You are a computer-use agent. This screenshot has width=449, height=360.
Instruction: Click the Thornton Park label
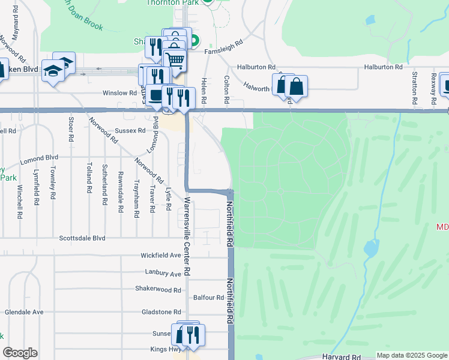tap(173, 2)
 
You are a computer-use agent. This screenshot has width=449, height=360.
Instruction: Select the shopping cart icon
tap(175, 60)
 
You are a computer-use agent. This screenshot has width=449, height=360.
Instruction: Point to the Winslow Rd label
tap(119, 93)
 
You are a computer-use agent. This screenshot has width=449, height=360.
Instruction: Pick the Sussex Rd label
tap(130, 130)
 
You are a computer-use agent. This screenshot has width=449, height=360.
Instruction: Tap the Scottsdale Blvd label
tap(82, 238)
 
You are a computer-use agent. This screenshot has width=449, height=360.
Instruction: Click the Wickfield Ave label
tap(161, 256)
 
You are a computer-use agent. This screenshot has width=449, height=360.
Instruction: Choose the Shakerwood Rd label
tap(158, 289)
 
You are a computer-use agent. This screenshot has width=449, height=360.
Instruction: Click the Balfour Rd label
tap(208, 298)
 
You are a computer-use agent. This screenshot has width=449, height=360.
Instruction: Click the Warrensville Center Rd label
tap(187, 236)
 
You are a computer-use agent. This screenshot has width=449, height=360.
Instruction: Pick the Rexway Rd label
tap(433, 86)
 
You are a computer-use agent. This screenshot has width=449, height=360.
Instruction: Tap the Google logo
tap(19, 353)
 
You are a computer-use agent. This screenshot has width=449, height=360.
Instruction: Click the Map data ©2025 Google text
tap(411, 355)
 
